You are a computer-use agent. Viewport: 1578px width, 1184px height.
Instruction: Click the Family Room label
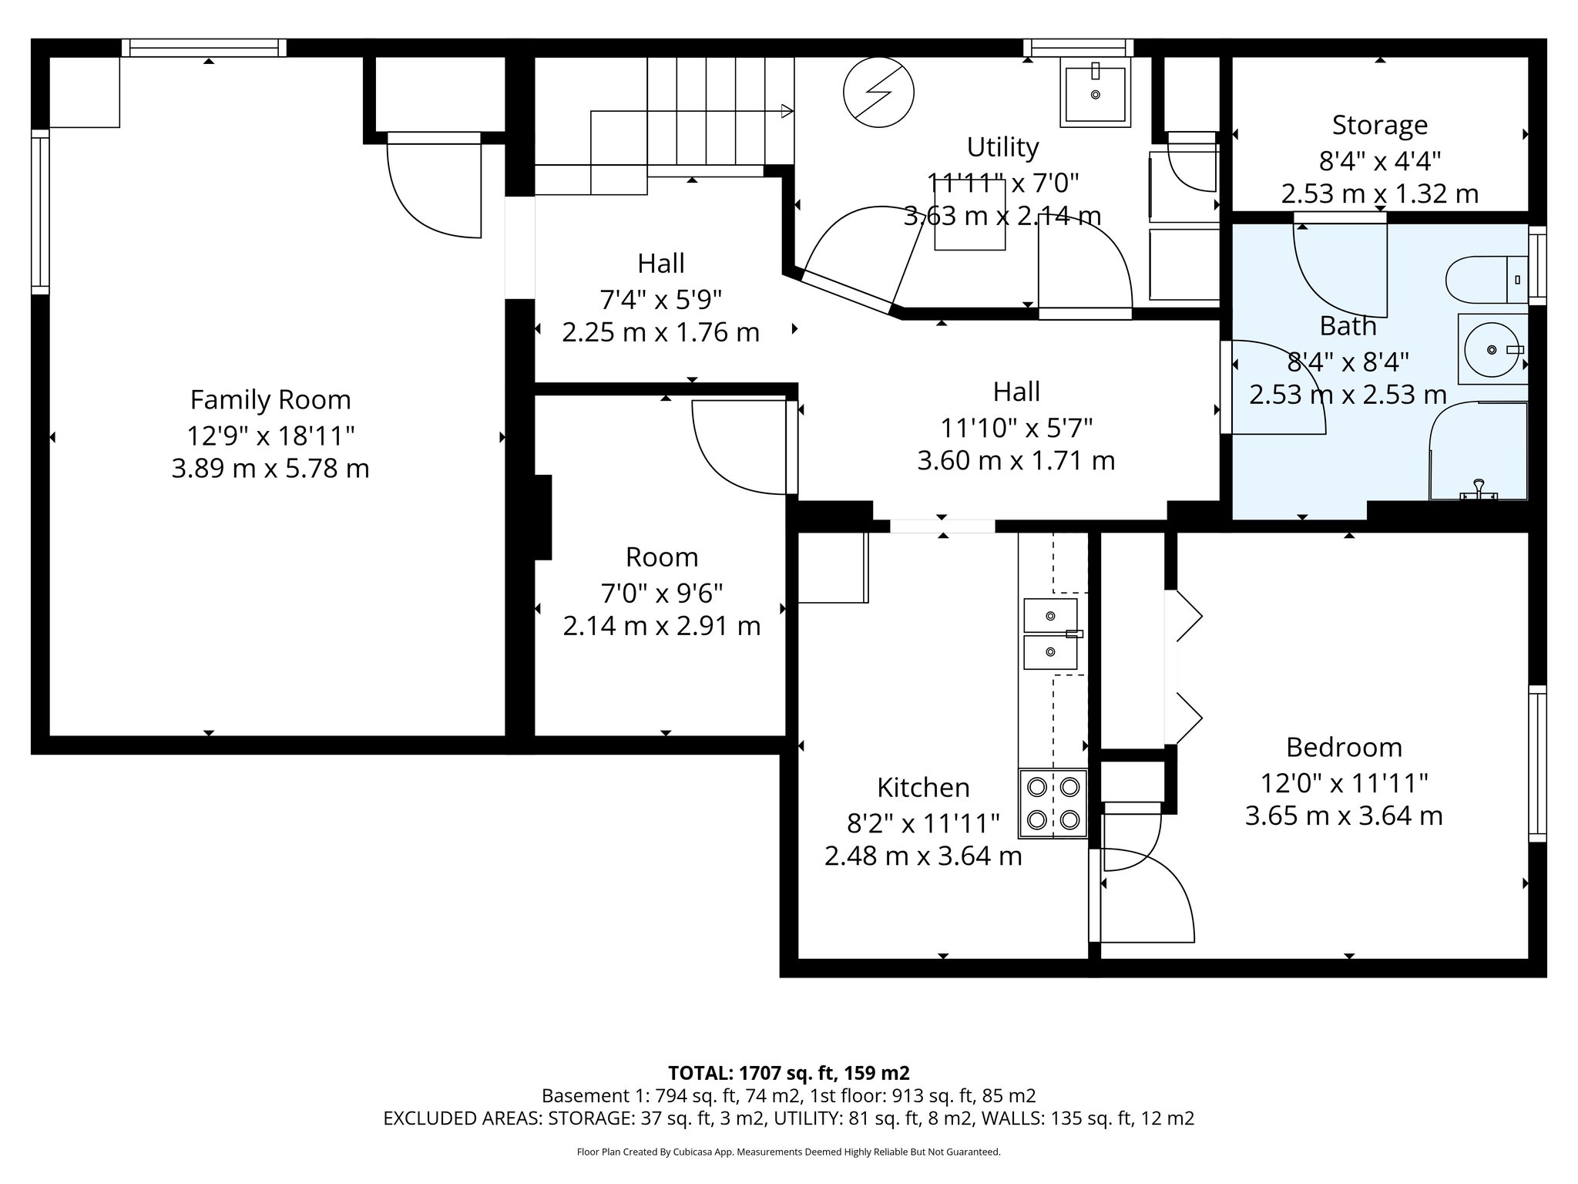pyautogui.click(x=270, y=400)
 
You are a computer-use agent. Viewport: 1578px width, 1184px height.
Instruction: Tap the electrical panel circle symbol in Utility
pyautogui.click(x=878, y=92)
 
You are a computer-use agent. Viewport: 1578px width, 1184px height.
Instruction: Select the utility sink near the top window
pyautogui.click(x=1095, y=93)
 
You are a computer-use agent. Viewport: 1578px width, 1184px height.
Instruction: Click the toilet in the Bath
pyautogui.click(x=1483, y=280)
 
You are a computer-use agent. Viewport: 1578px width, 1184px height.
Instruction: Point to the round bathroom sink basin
pyautogui.click(x=1492, y=350)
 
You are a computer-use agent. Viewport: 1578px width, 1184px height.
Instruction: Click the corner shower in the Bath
pyautogui.click(x=1478, y=451)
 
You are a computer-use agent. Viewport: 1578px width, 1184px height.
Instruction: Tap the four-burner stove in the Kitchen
pyautogui.click(x=1053, y=803)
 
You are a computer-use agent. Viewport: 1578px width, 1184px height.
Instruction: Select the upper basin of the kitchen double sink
pyautogui.click(x=1049, y=615)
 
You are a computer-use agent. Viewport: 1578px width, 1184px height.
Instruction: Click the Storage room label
pyautogui.click(x=1379, y=125)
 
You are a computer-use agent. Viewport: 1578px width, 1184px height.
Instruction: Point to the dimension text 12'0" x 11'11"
pyautogui.click(x=1344, y=783)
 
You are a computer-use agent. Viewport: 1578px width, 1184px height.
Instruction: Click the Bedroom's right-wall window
pyautogui.click(x=1536, y=763)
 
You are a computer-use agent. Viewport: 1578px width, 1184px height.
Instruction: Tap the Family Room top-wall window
pyautogui.click(x=204, y=48)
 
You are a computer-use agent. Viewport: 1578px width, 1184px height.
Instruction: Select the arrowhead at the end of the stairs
pyautogui.click(x=787, y=111)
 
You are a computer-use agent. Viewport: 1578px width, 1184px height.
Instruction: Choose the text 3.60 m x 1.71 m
pyautogui.click(x=1016, y=461)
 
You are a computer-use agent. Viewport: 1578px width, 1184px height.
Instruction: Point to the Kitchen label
pyautogui.click(x=923, y=788)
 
